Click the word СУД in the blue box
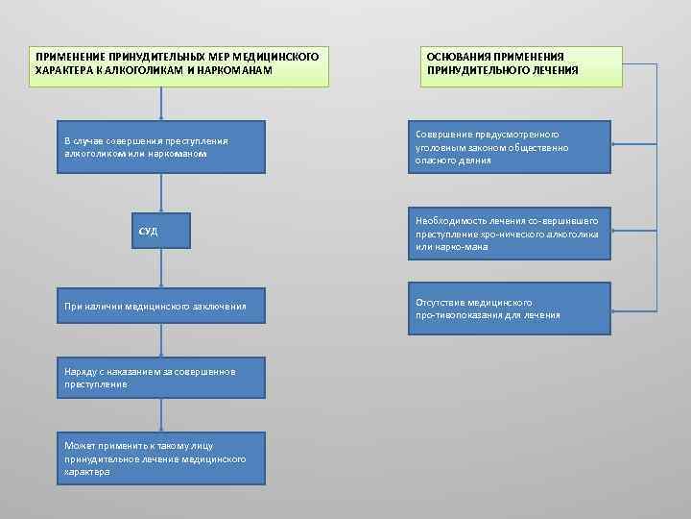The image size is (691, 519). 149,232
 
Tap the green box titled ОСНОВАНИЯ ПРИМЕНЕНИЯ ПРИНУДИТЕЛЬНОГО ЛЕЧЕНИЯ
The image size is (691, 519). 520,66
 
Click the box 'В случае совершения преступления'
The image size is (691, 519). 160,147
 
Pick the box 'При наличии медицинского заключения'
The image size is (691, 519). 160,307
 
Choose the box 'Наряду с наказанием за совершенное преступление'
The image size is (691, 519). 160,377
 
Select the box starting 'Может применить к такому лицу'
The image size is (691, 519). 160,458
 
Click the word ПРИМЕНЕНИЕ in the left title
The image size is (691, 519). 71,58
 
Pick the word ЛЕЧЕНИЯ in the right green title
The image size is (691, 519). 558,70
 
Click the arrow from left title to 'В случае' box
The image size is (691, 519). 161,104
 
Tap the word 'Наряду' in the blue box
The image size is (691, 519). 80,371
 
